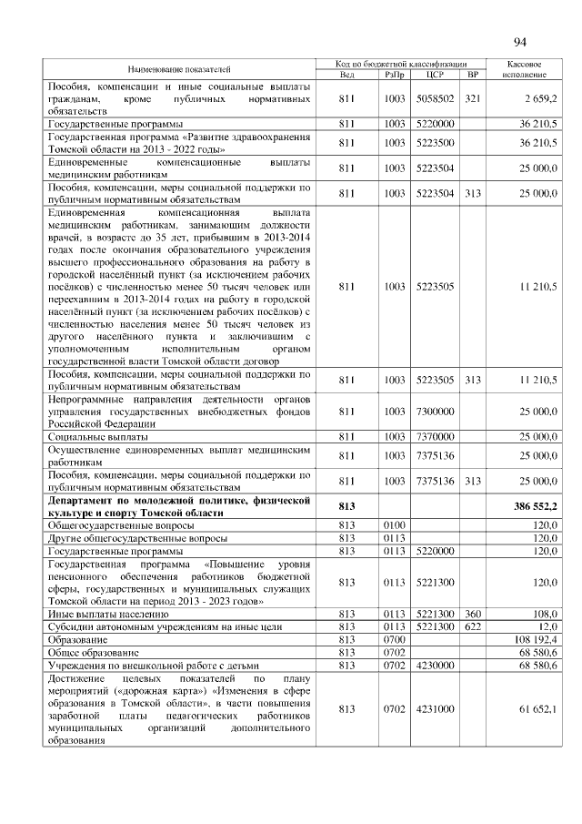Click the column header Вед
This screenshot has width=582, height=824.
346,75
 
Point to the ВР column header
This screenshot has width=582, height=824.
472,75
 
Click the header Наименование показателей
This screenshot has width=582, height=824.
179,69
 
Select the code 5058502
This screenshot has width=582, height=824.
433,98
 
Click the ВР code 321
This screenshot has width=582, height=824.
472,98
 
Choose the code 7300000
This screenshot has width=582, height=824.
433,412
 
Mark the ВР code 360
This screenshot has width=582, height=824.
472,614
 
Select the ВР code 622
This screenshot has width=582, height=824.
472,626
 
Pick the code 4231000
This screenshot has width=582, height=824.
433,709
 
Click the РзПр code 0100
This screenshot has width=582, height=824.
394,525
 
